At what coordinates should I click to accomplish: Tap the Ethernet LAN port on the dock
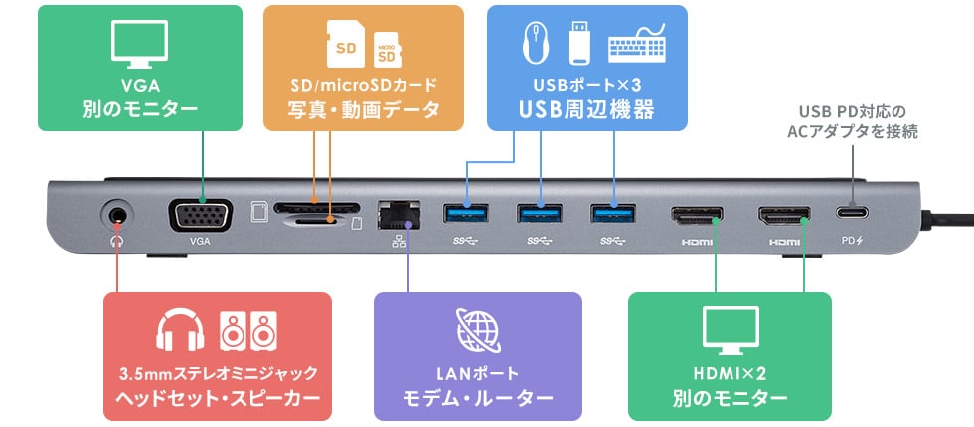tap(400, 213)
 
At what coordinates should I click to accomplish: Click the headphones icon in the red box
tap(181, 332)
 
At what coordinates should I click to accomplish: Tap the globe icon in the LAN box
tap(477, 332)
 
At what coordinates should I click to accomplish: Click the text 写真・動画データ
tap(363, 110)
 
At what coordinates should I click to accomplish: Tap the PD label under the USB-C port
tap(852, 240)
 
